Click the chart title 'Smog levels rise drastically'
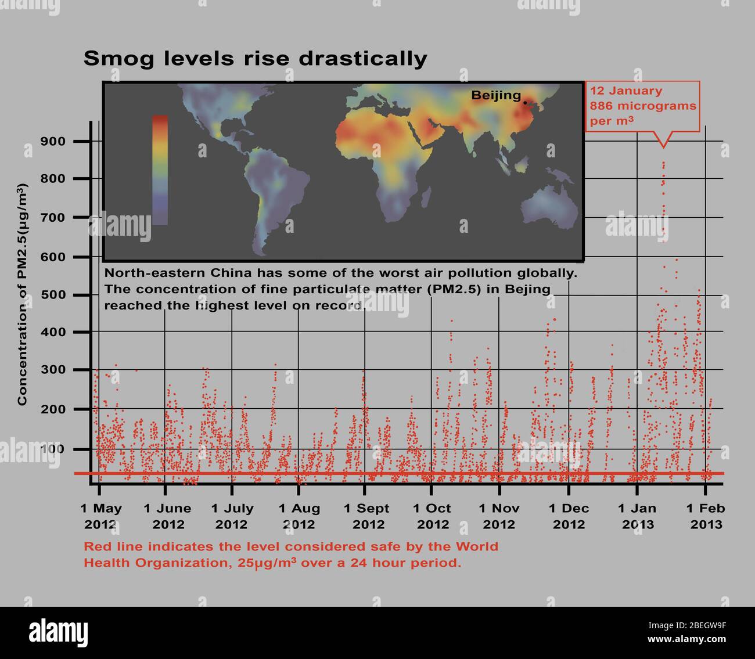click(x=255, y=59)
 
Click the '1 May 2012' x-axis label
click(x=101, y=516)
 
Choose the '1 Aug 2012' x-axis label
click(x=299, y=516)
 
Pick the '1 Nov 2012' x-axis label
click(x=499, y=516)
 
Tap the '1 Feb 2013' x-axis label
click(x=706, y=516)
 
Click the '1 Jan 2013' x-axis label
click(x=637, y=516)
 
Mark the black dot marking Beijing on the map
click(x=525, y=103)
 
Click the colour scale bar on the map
click(x=160, y=170)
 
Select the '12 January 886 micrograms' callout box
click(x=642, y=106)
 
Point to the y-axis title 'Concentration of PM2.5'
click(x=22, y=295)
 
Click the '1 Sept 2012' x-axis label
click(x=366, y=516)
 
